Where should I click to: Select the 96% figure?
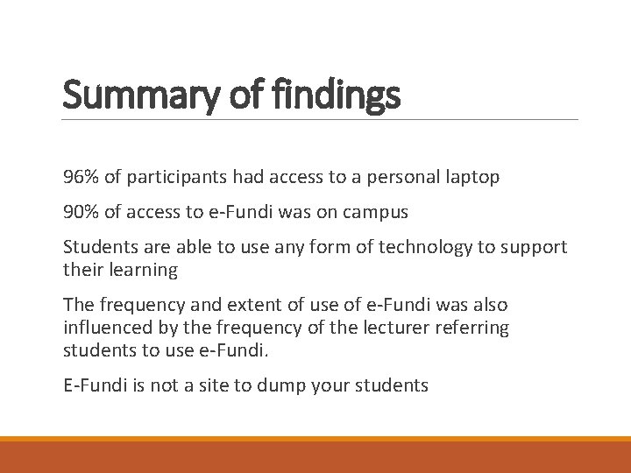click(x=81, y=177)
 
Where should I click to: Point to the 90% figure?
click(x=81, y=212)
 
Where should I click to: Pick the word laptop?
click(x=471, y=177)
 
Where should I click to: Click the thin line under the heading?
click(x=321, y=119)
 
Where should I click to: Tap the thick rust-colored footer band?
click(x=315, y=457)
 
